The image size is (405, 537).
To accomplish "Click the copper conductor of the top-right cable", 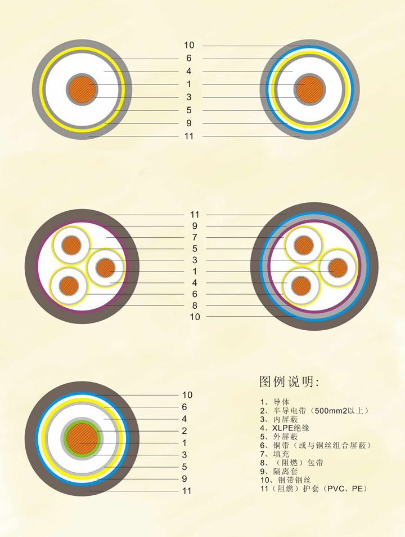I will coord(309,90).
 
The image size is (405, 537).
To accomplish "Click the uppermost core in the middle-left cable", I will coord(71,245).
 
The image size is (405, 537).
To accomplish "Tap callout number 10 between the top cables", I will coord(189,45).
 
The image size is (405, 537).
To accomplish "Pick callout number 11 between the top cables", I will coord(189,136).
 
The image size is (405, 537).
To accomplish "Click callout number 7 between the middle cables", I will coord(195,237).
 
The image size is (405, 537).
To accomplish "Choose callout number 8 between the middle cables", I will coord(195,305).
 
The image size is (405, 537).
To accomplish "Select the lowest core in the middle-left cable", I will coord(69,285).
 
